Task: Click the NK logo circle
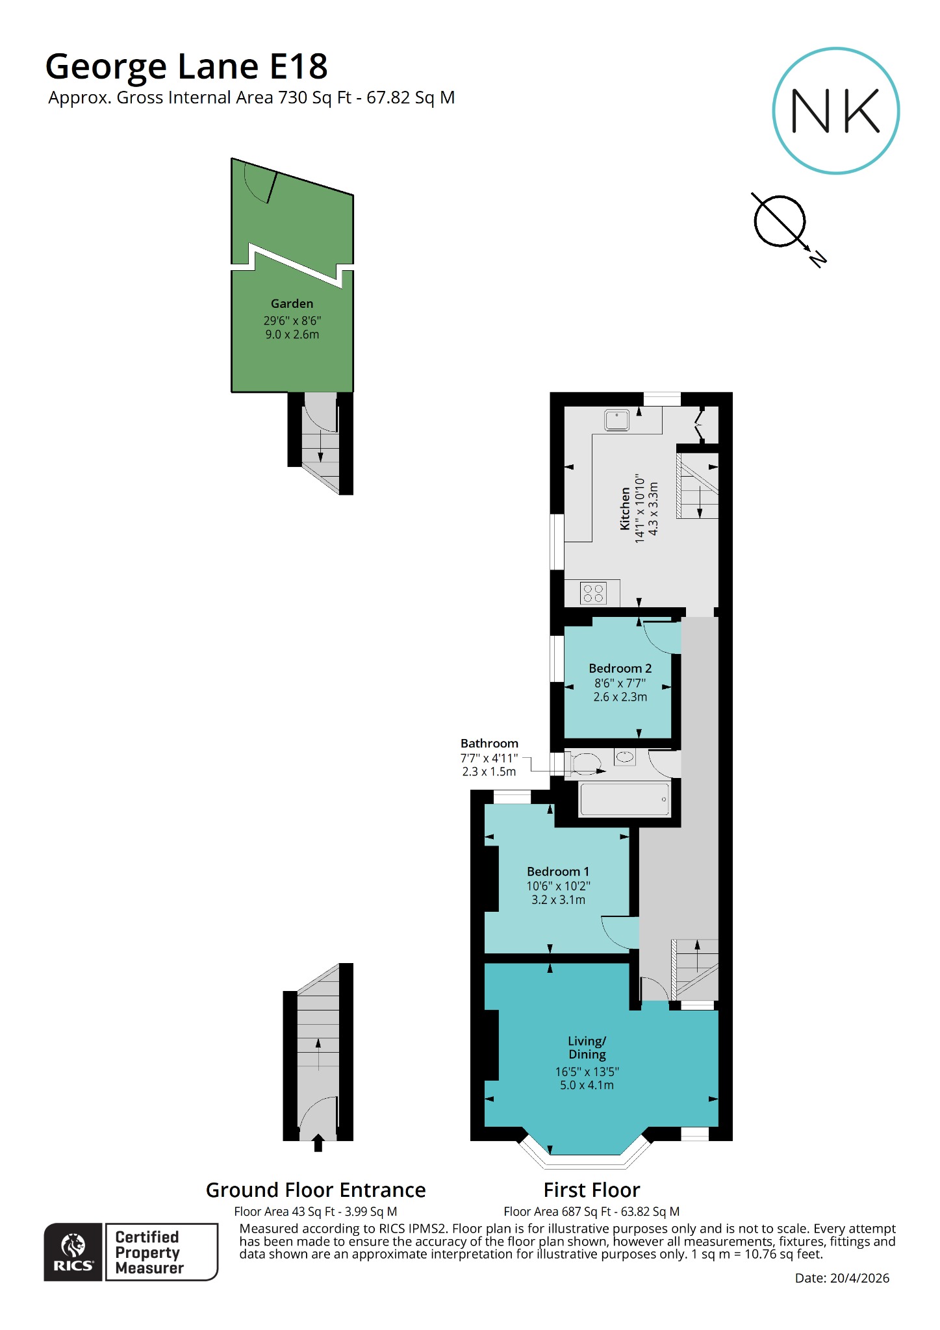(x=835, y=110)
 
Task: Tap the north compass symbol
(x=780, y=221)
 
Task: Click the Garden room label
(x=292, y=303)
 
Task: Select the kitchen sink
(x=616, y=420)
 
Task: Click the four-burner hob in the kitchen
(x=592, y=593)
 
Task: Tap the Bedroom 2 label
(x=620, y=668)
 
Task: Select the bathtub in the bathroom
(x=624, y=799)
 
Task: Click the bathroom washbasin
(x=625, y=757)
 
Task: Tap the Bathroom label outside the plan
(x=489, y=744)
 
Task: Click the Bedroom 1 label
(x=558, y=872)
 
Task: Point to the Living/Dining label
(x=587, y=1048)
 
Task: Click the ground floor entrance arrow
(x=318, y=1143)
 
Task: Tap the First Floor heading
(x=591, y=1190)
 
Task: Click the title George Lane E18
(x=186, y=66)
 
